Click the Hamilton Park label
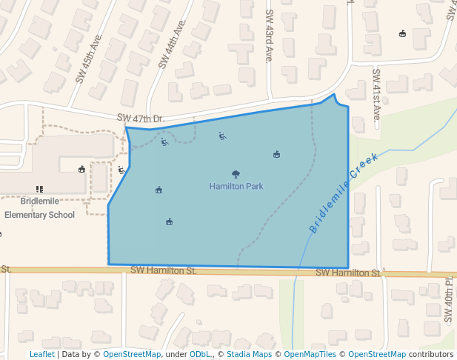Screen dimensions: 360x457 236,186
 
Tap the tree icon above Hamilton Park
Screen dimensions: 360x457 236,175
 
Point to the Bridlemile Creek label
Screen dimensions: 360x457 344,193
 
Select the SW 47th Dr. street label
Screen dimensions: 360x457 141,119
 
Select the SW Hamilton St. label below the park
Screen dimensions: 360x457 163,271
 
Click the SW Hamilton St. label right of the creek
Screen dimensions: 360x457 348,273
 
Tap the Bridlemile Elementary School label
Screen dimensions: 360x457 39,208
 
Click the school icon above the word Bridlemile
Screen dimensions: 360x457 39,190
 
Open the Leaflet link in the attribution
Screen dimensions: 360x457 41,354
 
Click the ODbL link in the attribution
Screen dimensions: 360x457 199,354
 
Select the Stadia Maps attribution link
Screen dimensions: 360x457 248,354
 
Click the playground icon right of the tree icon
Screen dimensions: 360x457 276,154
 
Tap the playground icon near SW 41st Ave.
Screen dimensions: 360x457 402,33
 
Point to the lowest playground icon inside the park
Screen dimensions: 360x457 169,221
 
